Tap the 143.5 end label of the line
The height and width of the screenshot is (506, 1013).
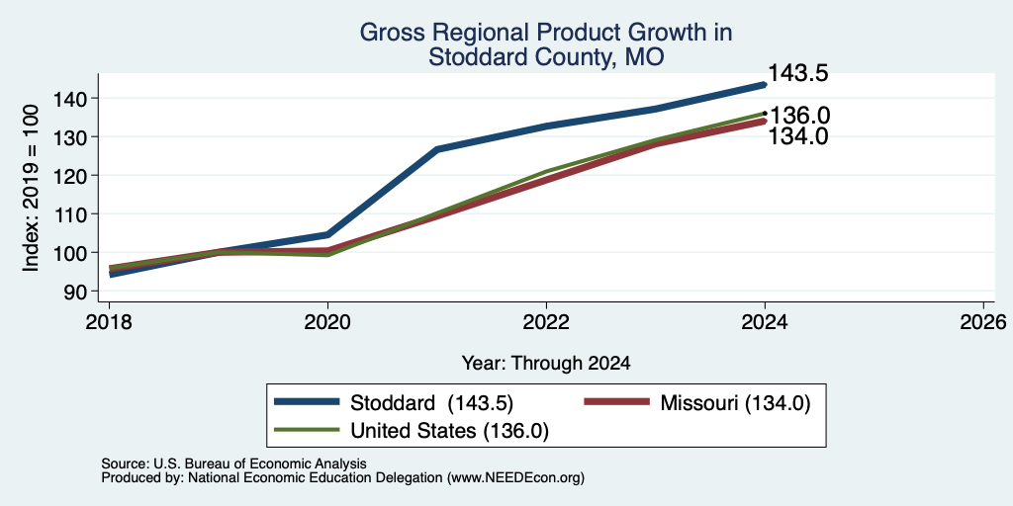click(798, 73)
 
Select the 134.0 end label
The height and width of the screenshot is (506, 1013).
click(798, 136)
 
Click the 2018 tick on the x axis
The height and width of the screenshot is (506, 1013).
click(109, 321)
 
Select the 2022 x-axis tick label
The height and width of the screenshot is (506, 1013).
click(546, 321)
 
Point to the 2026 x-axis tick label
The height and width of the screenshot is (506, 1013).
click(983, 321)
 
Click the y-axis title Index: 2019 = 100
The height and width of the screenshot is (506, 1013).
click(31, 189)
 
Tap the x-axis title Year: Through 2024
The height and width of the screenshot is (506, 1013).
click(546, 364)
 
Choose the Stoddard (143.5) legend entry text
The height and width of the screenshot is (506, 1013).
click(431, 403)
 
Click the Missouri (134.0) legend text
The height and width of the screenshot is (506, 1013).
click(735, 403)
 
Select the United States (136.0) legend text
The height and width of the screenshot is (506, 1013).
click(450, 431)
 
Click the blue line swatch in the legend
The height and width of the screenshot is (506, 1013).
click(307, 402)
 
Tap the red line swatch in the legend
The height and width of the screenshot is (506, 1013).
click(616, 402)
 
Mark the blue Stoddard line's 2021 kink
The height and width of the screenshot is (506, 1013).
click(437, 150)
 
